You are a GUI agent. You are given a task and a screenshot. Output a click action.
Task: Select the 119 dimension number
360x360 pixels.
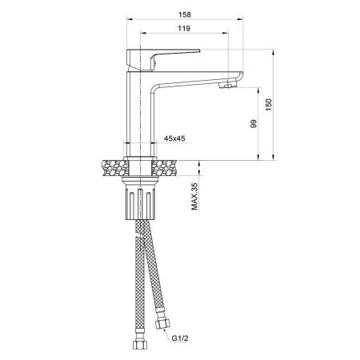(x=182, y=30)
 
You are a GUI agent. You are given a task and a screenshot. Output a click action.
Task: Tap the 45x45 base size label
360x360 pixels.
(x=174, y=139)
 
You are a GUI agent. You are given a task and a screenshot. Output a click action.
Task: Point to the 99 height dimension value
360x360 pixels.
(x=253, y=125)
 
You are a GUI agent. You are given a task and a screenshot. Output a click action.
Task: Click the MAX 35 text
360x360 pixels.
(x=194, y=197)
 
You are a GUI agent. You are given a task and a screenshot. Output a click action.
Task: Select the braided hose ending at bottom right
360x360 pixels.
(x=152, y=272)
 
